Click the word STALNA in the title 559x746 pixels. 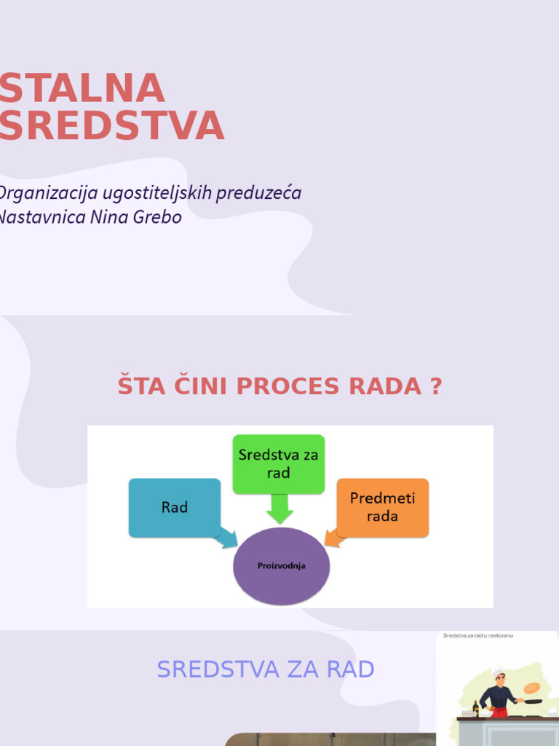pyautogui.click(x=82, y=89)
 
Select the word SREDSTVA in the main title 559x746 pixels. pyautogui.click(x=111, y=126)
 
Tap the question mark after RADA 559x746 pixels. pyautogui.click(x=435, y=386)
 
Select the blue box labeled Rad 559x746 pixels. pyautogui.click(x=174, y=507)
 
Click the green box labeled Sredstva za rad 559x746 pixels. pyautogui.click(x=278, y=463)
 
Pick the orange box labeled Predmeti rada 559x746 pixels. pyautogui.click(x=382, y=507)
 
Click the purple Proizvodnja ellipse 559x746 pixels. pyautogui.click(x=281, y=566)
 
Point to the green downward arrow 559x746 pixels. pyautogui.click(x=279, y=509)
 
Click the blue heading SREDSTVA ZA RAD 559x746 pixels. pyautogui.click(x=266, y=669)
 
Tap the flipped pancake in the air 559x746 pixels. pyautogui.click(x=532, y=687)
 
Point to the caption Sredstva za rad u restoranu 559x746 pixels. pyautogui.click(x=478, y=636)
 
